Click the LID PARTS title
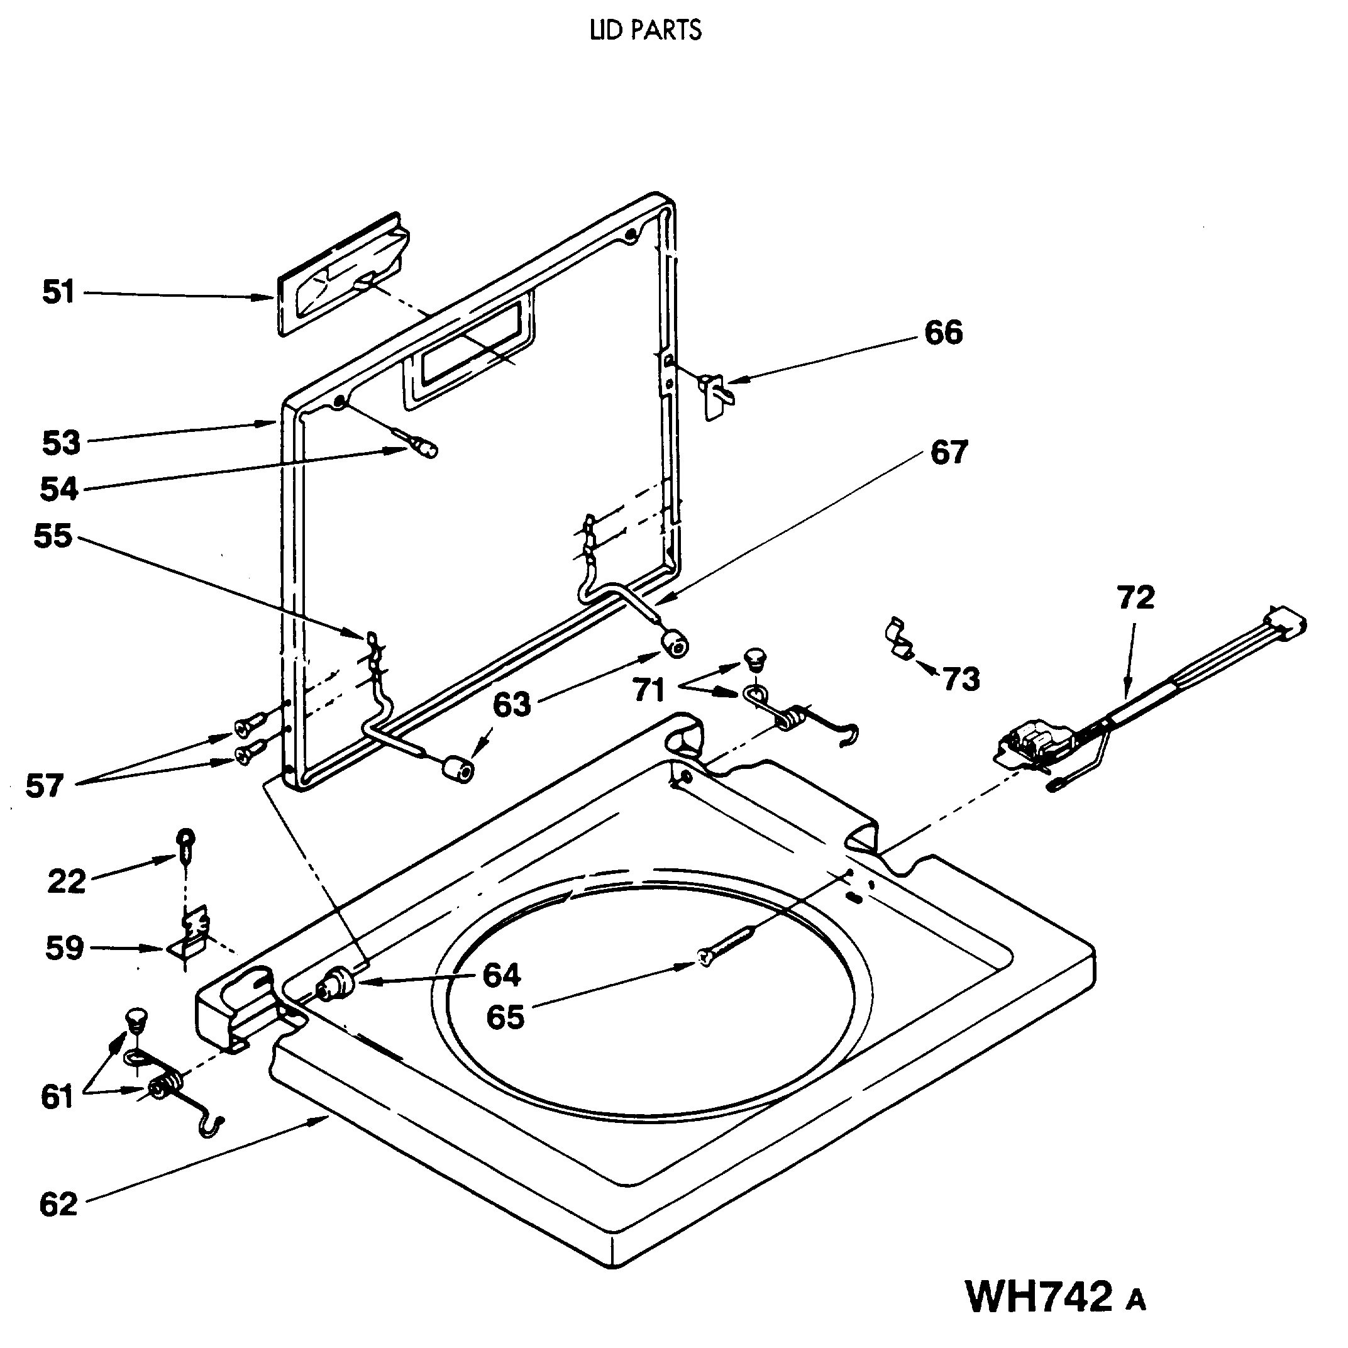pos(646,30)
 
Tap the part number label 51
pos(58,292)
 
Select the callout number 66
pos(943,332)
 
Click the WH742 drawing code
pos(1039,1297)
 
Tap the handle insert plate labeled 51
pos(341,274)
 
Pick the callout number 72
pos(1135,597)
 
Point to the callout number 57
pos(45,787)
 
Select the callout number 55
pos(52,536)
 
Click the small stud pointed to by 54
pos(423,445)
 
